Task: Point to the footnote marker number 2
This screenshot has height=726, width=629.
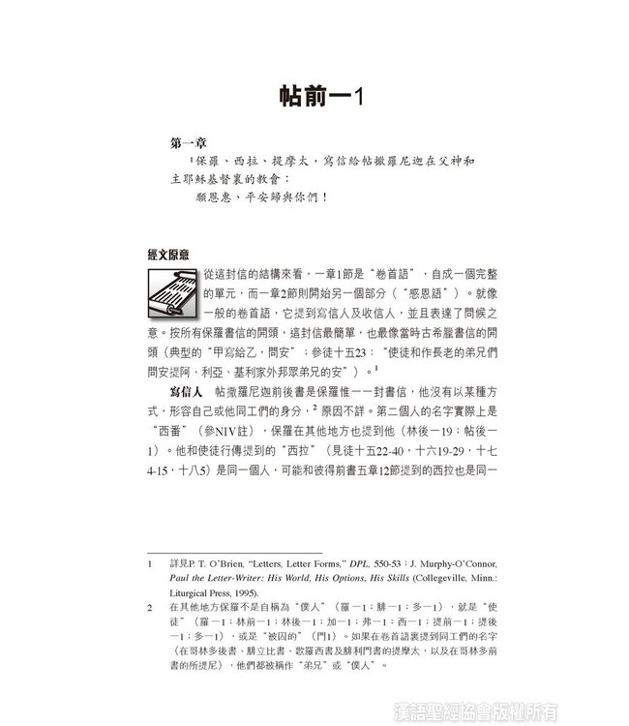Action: click(x=151, y=606)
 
